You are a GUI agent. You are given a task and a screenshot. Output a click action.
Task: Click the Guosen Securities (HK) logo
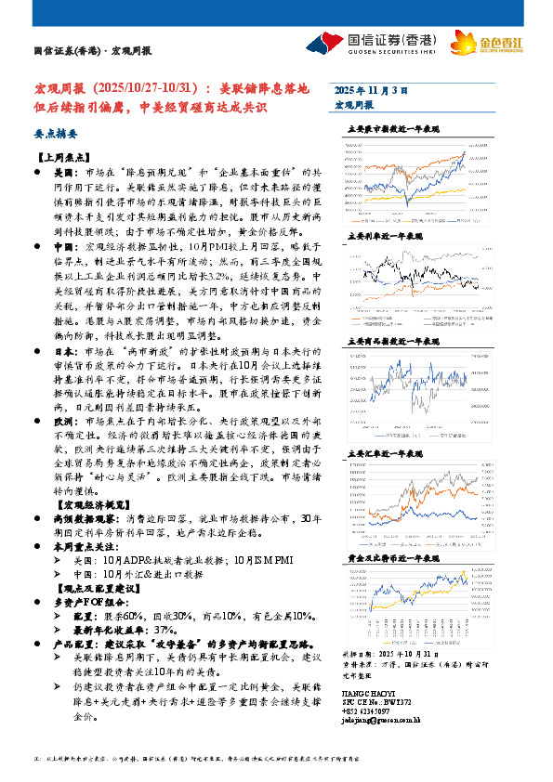click(372, 44)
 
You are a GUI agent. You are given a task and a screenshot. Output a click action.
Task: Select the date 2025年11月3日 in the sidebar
click(371, 90)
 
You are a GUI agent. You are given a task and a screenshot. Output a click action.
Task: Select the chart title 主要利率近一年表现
click(382, 237)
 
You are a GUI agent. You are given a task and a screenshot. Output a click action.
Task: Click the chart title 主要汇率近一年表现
click(382, 454)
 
